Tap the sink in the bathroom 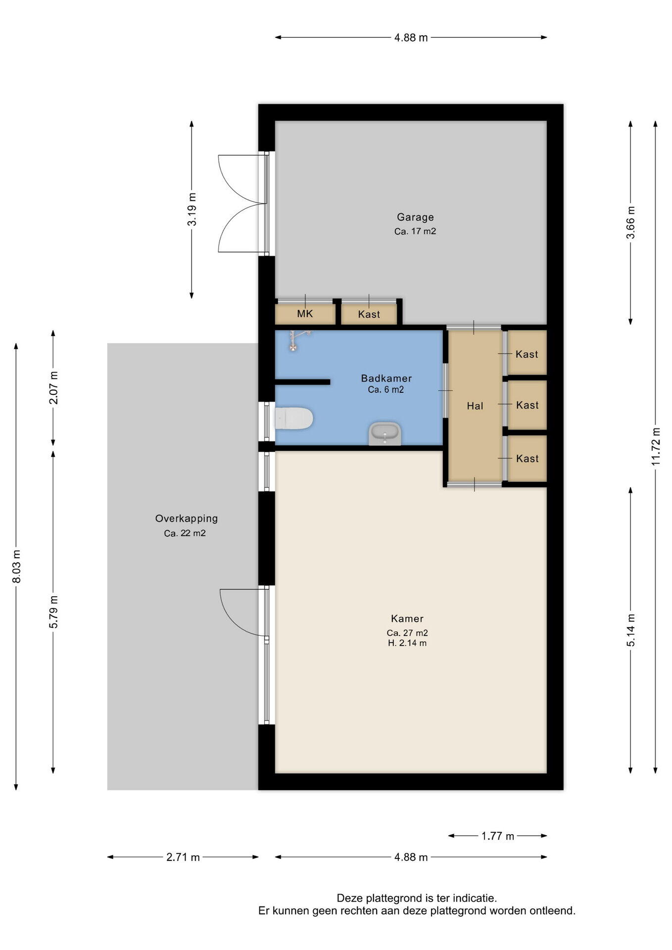[384, 433]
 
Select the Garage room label [415, 217]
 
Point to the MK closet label [305, 314]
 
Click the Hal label [475, 406]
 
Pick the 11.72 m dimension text [656, 446]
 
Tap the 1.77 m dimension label [498, 836]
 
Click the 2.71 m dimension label [183, 857]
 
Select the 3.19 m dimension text [192, 209]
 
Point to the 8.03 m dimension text [16, 566]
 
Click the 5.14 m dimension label [631, 630]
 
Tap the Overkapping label [187, 519]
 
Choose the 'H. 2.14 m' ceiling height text [407, 643]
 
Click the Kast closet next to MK [369, 314]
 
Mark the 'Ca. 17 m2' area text [415, 231]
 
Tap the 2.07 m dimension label [53, 387]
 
